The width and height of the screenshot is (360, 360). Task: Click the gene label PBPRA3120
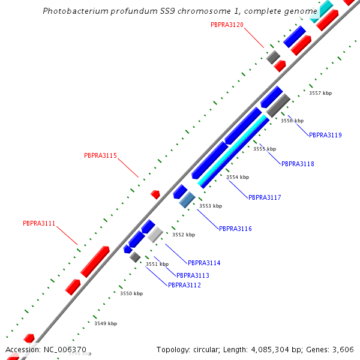coord(227,25)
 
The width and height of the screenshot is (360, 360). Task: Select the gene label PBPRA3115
coord(100,155)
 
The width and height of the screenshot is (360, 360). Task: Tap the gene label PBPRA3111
coord(39,223)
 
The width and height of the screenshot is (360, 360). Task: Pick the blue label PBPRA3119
coord(325,135)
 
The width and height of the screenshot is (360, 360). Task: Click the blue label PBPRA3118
coord(298,164)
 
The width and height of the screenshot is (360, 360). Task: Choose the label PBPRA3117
coord(265,197)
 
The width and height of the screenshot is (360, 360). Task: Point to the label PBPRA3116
coord(235,229)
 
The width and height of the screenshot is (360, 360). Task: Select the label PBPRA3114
coord(204,263)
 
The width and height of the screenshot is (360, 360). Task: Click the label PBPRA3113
coord(193,275)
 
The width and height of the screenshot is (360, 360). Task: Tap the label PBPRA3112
coord(184,285)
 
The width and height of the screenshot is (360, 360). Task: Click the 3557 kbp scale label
coord(320,93)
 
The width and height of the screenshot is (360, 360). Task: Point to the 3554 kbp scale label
coord(237,177)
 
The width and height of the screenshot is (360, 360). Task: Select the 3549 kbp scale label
coord(105,323)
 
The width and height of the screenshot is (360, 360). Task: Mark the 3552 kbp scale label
coord(184,235)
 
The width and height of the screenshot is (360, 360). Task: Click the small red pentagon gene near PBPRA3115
coord(155,194)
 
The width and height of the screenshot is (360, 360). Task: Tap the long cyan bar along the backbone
coord(234,151)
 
